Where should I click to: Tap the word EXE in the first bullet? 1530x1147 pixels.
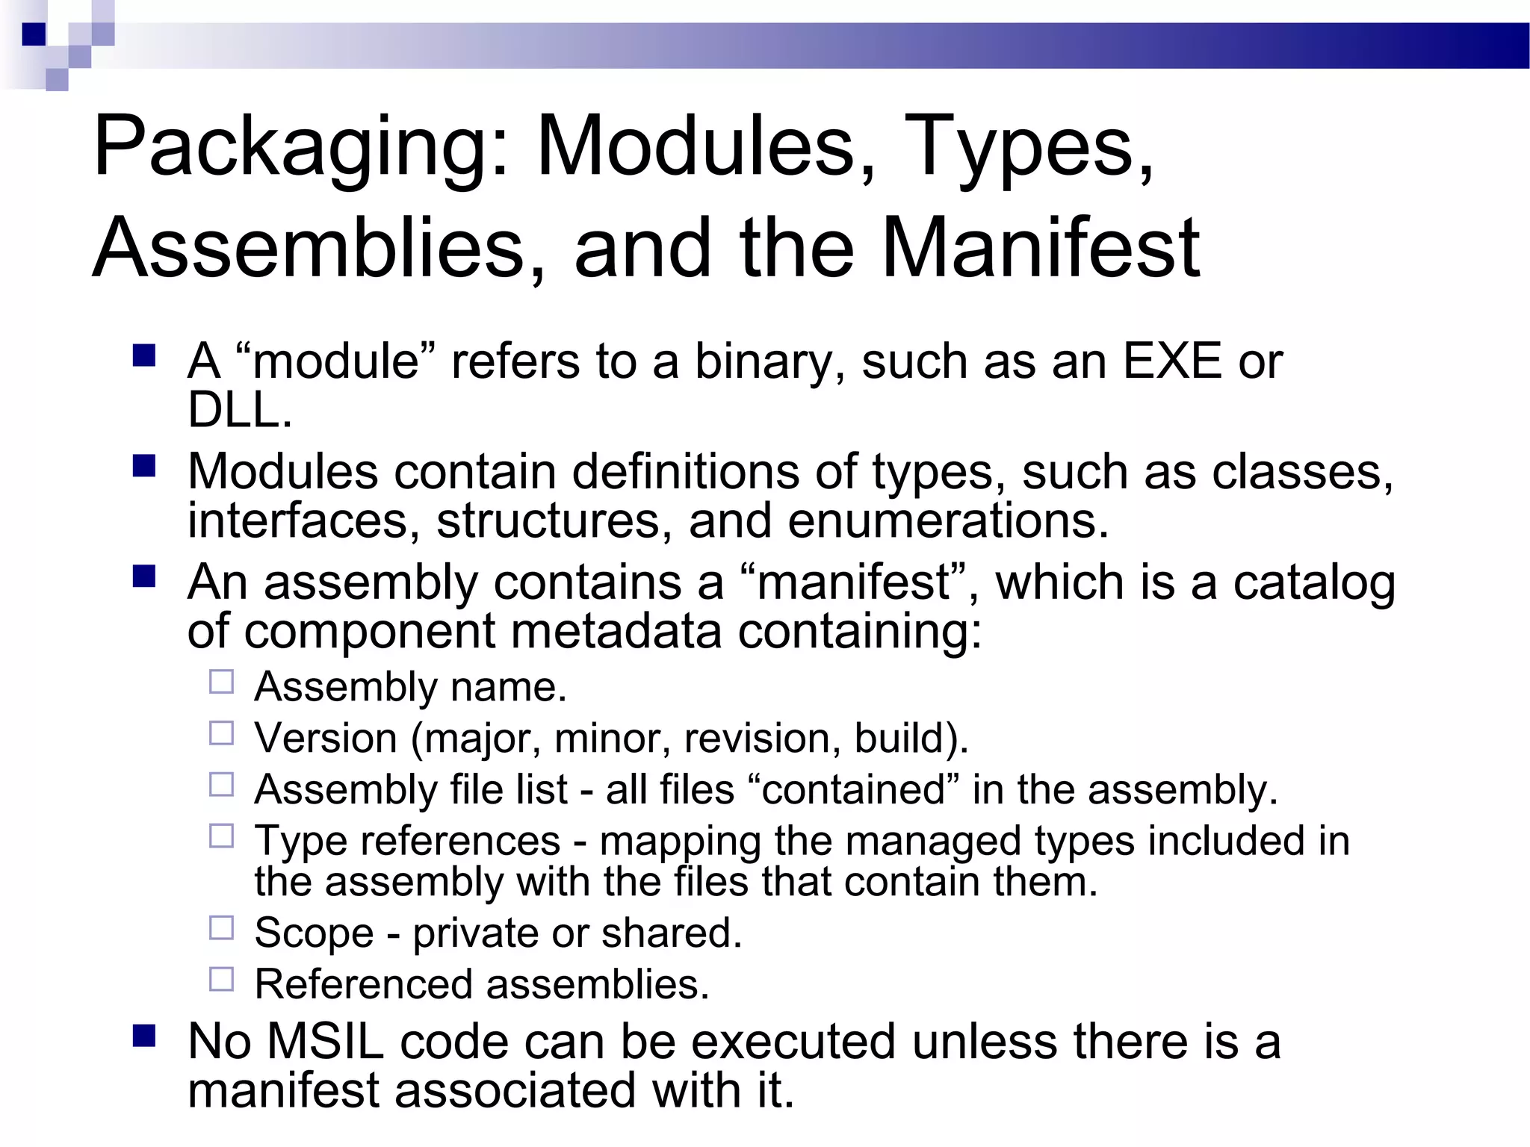[x=1172, y=362]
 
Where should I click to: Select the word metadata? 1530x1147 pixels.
[x=616, y=632]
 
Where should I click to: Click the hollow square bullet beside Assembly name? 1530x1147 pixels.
[x=222, y=683]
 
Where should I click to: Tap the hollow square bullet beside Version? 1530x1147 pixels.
[x=222, y=734]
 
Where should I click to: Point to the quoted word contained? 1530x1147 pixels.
[x=855, y=790]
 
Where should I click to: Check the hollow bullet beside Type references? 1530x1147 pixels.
[x=222, y=836]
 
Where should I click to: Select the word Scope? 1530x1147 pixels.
[x=314, y=934]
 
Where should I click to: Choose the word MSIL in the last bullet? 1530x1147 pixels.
[x=325, y=1042]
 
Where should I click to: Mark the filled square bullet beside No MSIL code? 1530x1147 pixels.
[x=144, y=1036]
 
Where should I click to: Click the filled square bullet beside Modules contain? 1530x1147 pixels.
[x=144, y=467]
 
